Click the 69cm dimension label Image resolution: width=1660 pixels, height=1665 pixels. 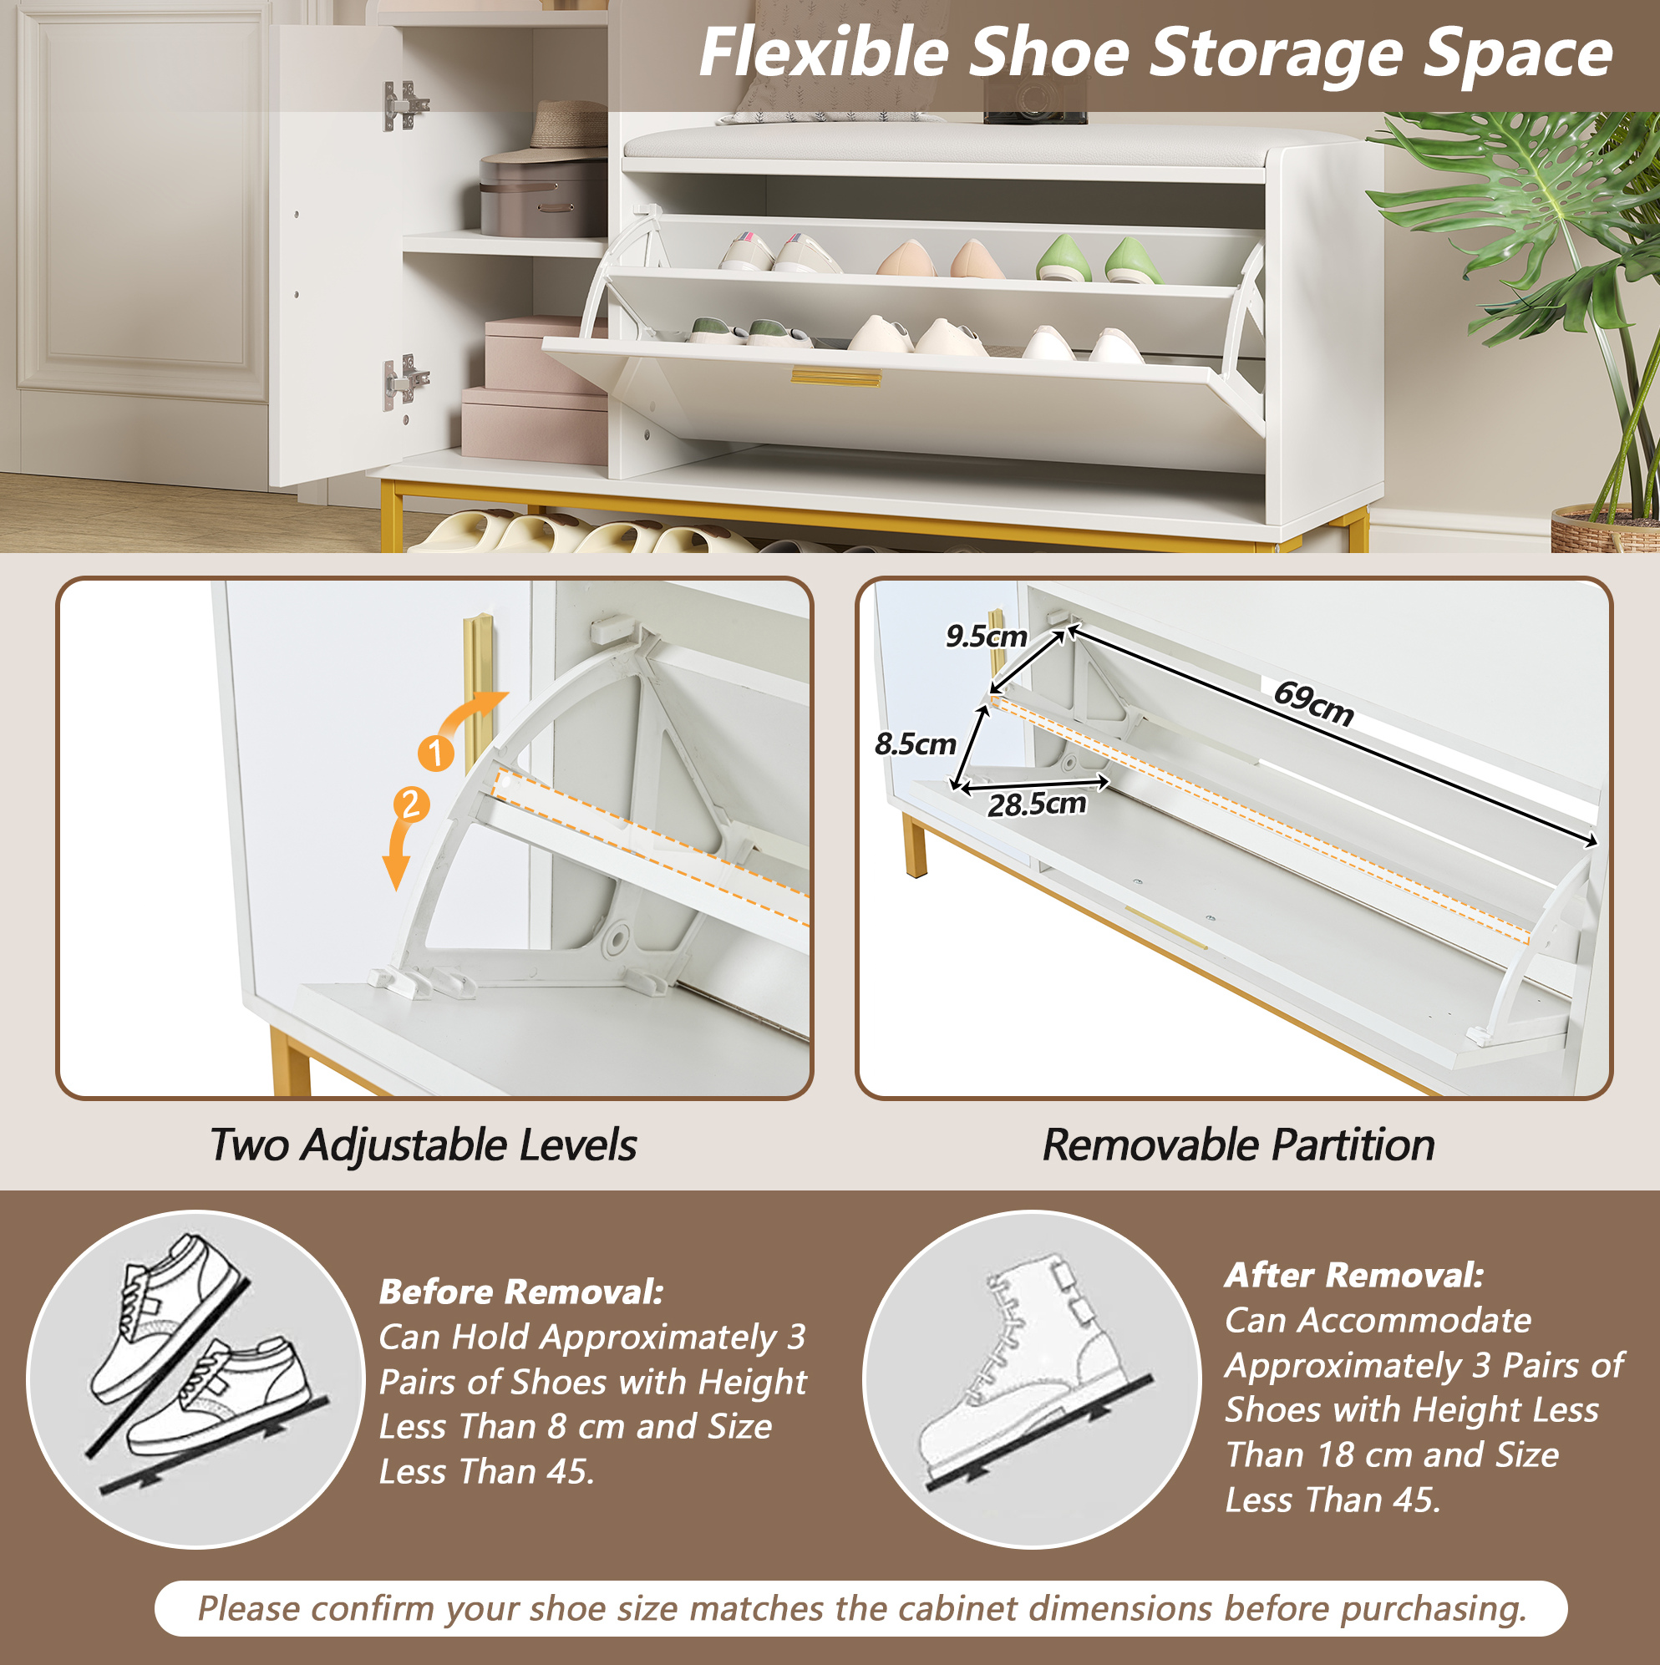pos(1313,703)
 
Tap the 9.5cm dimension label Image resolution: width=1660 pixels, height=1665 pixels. pos(986,636)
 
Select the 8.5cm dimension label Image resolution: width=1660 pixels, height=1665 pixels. pos(916,743)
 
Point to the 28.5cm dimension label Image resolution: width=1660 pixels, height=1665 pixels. pos(1037,804)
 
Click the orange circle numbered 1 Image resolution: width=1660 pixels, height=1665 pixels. pos(436,753)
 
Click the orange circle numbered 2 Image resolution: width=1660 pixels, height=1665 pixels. pos(411,804)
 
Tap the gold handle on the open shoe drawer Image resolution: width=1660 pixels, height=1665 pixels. pos(836,378)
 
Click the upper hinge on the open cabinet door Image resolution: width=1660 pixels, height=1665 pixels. pos(404,105)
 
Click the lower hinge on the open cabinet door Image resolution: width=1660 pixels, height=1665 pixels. pos(404,379)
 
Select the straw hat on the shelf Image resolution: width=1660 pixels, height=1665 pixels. pos(569,125)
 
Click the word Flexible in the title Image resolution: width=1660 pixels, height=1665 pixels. pos(824,53)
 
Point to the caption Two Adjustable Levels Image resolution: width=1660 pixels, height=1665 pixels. pos(424,1145)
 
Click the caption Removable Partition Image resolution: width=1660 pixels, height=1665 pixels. pos(1239,1145)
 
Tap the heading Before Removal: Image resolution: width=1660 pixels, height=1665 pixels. pos(521,1291)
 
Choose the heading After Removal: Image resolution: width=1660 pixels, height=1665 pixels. pos(1354,1275)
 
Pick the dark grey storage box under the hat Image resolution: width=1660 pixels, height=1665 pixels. pos(543,195)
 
